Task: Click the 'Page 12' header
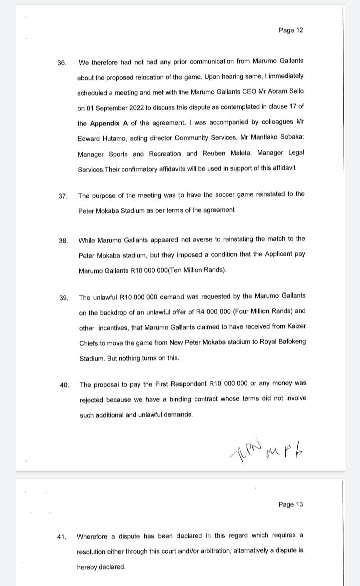tap(291, 30)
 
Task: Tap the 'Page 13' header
tap(291, 504)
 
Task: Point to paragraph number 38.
tap(63, 241)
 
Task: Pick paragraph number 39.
tap(64, 298)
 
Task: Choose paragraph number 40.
tap(64, 385)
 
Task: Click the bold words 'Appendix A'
tap(109, 123)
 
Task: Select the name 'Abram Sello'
tap(283, 92)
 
